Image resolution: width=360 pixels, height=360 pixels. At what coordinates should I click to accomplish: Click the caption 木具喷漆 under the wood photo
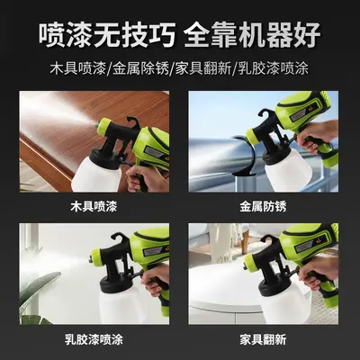(x=94, y=206)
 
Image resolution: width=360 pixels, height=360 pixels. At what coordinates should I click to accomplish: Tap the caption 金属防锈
(x=263, y=206)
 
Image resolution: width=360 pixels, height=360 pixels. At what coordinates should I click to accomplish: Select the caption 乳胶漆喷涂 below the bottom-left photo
(x=94, y=339)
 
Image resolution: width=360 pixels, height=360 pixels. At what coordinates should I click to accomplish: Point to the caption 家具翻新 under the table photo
(x=263, y=339)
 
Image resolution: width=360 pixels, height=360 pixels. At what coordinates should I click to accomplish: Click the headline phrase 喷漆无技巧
(x=107, y=34)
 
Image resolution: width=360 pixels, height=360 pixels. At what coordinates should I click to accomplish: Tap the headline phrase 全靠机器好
(x=253, y=34)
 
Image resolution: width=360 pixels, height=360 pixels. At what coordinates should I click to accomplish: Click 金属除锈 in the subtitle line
(x=140, y=68)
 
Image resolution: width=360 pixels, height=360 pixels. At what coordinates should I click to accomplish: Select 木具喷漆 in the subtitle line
(x=78, y=68)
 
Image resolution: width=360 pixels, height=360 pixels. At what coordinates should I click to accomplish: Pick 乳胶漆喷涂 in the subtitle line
(x=274, y=68)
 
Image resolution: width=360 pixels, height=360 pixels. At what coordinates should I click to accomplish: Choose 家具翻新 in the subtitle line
(x=203, y=68)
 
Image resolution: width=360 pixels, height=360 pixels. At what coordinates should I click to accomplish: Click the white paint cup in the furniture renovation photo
(x=285, y=303)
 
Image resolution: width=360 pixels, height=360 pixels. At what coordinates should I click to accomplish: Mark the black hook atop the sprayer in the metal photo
(x=266, y=115)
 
